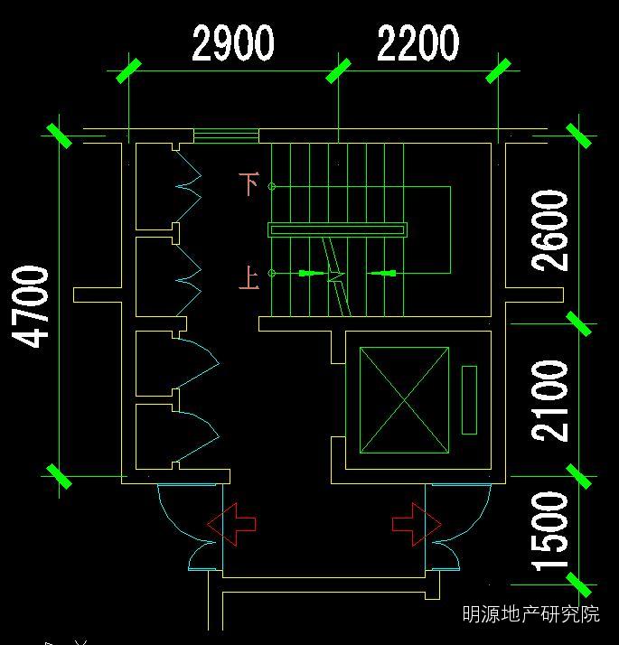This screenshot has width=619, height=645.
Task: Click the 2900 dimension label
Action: (233, 43)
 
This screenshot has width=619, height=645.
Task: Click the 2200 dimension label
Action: (417, 43)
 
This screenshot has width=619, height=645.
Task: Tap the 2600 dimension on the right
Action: (551, 230)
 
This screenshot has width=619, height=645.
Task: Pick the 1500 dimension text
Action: (551, 531)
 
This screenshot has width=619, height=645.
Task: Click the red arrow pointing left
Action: (231, 524)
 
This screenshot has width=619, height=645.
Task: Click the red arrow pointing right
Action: (417, 524)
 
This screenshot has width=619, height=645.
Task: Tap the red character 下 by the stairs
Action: (249, 183)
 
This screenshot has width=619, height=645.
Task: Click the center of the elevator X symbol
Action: (404, 399)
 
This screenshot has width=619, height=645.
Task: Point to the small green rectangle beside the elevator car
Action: (469, 399)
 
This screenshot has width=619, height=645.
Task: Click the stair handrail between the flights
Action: (337, 230)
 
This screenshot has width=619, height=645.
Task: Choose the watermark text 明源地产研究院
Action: (530, 615)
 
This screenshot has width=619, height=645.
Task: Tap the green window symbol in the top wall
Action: (226, 136)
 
